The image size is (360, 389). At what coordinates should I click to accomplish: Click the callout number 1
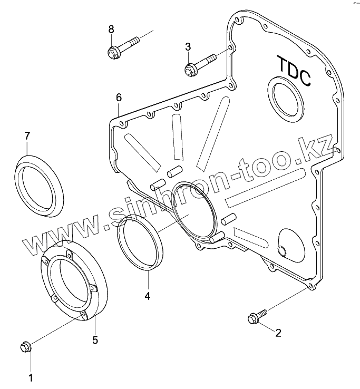[x=31, y=377]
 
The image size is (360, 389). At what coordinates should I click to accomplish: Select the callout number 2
[x=278, y=332]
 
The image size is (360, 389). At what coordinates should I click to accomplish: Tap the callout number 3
[x=188, y=47]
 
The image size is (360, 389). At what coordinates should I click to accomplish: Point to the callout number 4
[x=148, y=296]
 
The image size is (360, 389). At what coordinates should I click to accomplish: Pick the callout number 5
[x=95, y=340]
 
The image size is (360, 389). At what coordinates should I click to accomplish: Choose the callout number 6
[x=119, y=98]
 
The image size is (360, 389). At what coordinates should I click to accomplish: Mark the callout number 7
[x=27, y=135]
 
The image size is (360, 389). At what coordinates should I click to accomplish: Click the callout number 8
[x=111, y=29]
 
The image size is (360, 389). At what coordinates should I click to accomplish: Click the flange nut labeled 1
[x=25, y=347]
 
